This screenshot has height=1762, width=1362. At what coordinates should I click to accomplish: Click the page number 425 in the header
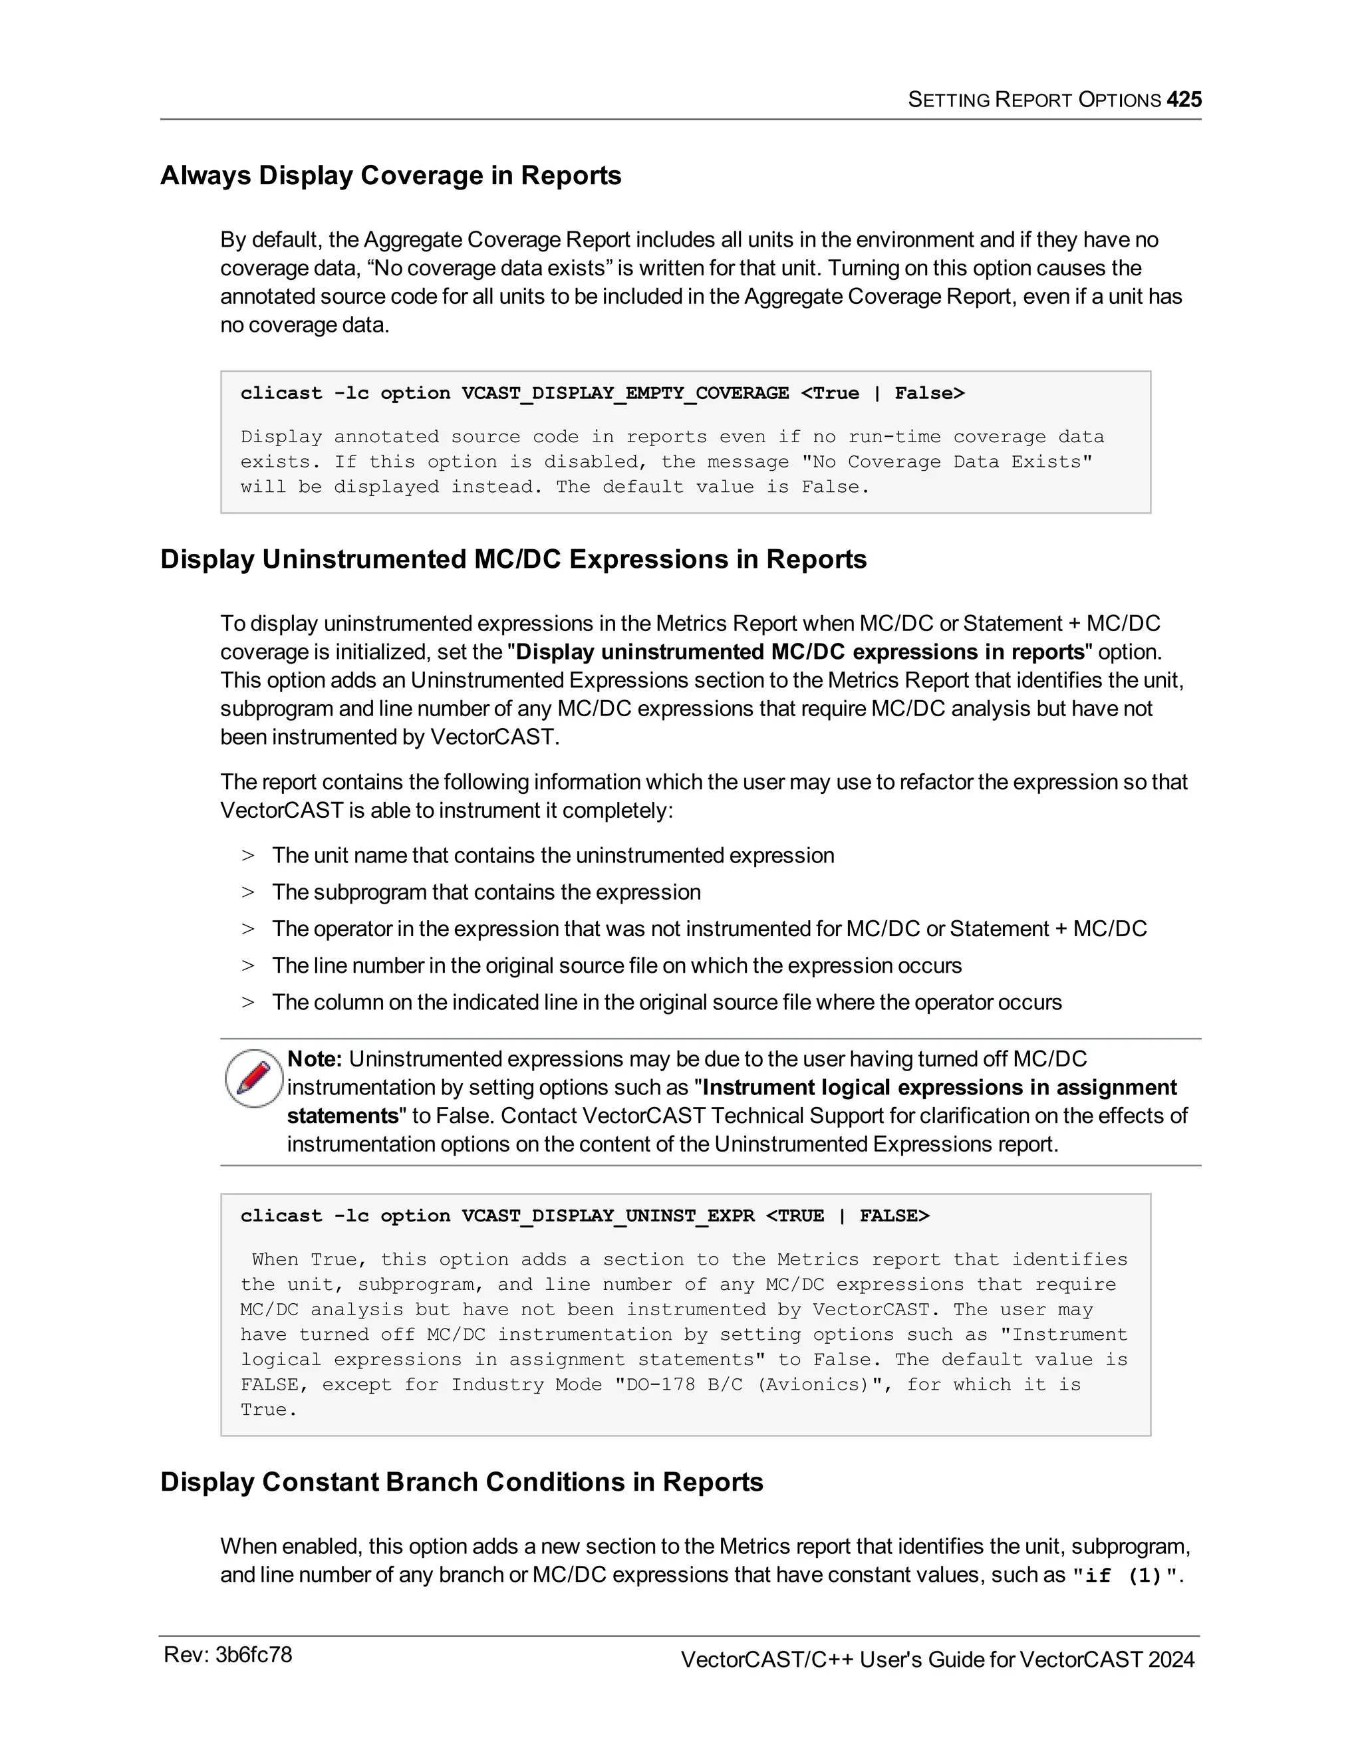pyautogui.click(x=1184, y=99)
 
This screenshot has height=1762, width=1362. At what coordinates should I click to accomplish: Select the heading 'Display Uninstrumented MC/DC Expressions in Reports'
pyautogui.click(x=513, y=559)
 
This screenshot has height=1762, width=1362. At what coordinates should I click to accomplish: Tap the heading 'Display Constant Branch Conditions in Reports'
pyautogui.click(x=462, y=1482)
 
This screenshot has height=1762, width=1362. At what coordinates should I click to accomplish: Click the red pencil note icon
pyautogui.click(x=253, y=1078)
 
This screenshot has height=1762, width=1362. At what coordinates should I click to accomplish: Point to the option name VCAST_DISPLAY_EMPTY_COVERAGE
pyautogui.click(x=624, y=393)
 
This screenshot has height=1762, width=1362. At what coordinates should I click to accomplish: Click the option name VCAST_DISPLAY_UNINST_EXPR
pyautogui.click(x=608, y=1216)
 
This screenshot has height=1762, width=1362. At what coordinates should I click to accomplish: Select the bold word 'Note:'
pyautogui.click(x=315, y=1059)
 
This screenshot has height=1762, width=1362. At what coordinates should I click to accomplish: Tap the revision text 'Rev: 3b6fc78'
pyautogui.click(x=227, y=1656)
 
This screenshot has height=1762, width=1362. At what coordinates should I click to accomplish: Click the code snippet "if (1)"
pyautogui.click(x=1127, y=1576)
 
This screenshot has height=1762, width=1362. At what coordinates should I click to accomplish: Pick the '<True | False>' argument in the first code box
pyautogui.click(x=882, y=393)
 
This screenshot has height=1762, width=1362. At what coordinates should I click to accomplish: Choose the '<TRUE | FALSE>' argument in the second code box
pyautogui.click(x=847, y=1216)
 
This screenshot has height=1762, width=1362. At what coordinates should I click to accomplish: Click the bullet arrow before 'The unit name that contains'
pyautogui.click(x=247, y=855)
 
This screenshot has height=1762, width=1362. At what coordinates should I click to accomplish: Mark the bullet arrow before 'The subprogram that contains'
pyautogui.click(x=247, y=892)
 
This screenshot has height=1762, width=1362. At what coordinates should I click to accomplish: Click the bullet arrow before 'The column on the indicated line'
pyautogui.click(x=247, y=1002)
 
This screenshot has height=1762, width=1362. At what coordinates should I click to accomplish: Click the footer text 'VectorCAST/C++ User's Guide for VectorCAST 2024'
pyautogui.click(x=937, y=1660)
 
